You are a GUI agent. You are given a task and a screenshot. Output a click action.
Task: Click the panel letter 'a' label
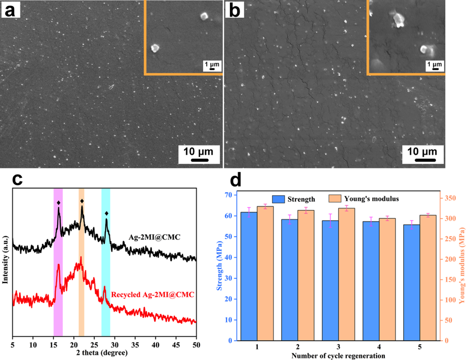[10, 10]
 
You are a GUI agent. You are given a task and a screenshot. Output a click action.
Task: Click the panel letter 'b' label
[234, 10]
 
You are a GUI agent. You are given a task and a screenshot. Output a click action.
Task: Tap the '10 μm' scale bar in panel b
[422, 155]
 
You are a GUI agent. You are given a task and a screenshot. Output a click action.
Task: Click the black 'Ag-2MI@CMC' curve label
[151, 237]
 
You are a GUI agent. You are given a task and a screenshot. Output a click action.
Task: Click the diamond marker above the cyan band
[106, 213]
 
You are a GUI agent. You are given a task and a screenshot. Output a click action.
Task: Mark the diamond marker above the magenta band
[59, 203]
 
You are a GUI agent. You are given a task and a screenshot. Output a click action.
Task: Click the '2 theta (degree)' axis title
[104, 352]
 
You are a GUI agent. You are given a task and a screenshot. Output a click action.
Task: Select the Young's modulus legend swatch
[336, 199]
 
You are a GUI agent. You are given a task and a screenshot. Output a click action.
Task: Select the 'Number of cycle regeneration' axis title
[338, 355]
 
